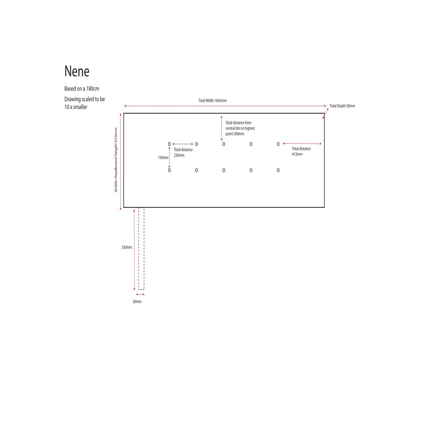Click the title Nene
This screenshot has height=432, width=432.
click(77, 71)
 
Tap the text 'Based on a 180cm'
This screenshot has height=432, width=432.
click(82, 89)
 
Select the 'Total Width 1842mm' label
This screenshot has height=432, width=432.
click(212, 100)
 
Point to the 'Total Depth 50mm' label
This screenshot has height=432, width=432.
click(342, 106)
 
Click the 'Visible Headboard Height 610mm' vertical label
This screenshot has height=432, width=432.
click(116, 160)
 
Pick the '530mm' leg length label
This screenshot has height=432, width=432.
click(127, 247)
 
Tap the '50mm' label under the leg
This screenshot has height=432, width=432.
click(137, 302)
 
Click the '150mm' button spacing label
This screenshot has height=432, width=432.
click(163, 158)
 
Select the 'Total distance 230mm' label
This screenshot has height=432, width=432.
click(183, 152)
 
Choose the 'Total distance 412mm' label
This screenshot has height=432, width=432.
click(301, 151)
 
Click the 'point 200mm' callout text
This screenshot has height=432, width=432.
click(234, 134)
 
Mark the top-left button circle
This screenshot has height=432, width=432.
click(169, 144)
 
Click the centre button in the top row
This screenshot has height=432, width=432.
click(224, 144)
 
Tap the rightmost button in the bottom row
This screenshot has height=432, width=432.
click(278, 170)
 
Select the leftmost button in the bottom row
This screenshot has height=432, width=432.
click(169, 170)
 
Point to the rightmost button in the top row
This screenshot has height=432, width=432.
click(278, 144)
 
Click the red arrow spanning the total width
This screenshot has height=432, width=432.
click(225, 106)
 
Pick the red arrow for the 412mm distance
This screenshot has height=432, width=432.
click(302, 144)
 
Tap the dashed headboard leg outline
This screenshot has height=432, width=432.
click(141, 248)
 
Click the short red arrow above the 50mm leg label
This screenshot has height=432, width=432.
click(140, 294)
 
